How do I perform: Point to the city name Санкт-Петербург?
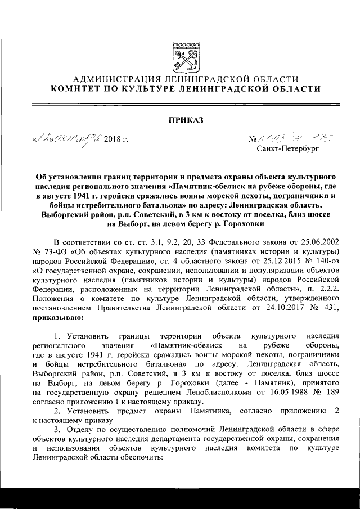[287, 150]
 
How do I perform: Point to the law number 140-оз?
[322, 260]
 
